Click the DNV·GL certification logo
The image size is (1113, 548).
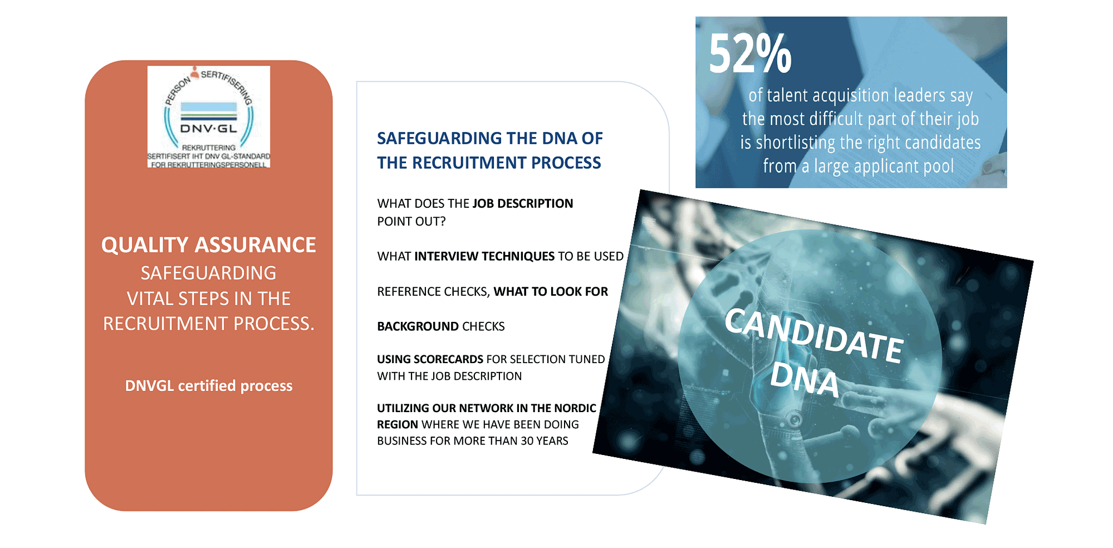(x=209, y=117)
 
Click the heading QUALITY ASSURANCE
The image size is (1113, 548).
(x=209, y=245)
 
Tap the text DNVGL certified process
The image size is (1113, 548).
(x=209, y=386)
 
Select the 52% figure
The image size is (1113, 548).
(x=750, y=53)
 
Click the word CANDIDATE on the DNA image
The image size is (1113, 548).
(x=813, y=336)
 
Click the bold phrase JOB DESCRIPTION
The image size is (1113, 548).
(x=523, y=203)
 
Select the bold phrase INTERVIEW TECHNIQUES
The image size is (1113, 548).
(x=484, y=256)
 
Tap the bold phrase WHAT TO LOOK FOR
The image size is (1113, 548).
(x=551, y=291)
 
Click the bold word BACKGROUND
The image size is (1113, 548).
(x=418, y=326)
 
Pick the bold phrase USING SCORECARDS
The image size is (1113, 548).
(x=430, y=359)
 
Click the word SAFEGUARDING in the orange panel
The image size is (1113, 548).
(x=209, y=273)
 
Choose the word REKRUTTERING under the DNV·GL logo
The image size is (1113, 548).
(x=209, y=148)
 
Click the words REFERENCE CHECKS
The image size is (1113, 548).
(x=432, y=291)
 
